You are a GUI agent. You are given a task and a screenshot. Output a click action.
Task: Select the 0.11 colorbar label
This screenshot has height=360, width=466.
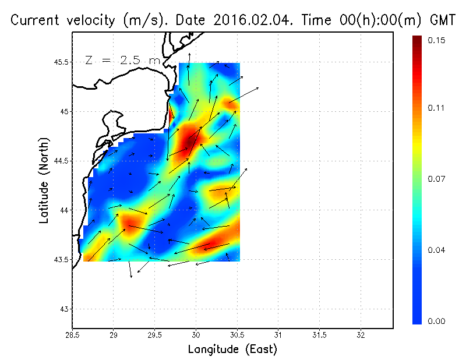[437, 108]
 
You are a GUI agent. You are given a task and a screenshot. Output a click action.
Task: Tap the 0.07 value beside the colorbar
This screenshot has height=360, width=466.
[437, 179]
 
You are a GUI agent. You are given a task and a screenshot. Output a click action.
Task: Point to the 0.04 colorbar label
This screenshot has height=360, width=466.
[437, 250]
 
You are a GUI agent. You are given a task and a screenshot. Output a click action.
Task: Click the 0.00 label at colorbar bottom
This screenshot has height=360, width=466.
[437, 321]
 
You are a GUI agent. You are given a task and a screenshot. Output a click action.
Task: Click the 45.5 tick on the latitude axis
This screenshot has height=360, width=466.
[59, 62]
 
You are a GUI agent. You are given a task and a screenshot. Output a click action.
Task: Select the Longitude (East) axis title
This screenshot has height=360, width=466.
[232, 350]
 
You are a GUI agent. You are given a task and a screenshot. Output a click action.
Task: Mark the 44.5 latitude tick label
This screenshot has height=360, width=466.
[59, 161]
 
